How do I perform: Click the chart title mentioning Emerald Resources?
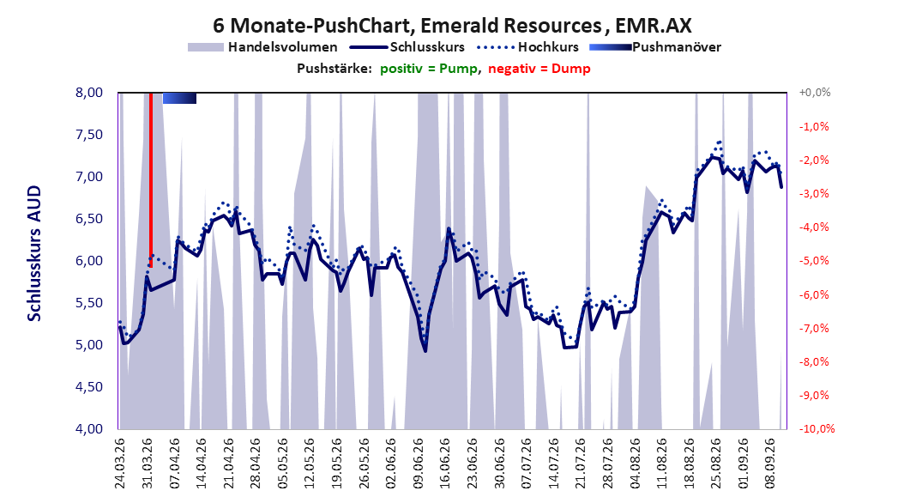tap(452, 26)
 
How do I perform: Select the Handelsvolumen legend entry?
tap(263, 47)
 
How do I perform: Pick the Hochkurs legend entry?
tap(528, 47)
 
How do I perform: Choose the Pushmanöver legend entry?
tap(655, 47)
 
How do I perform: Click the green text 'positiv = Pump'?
tap(428, 69)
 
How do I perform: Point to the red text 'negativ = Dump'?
tap(539, 69)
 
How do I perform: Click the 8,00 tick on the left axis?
tap(89, 93)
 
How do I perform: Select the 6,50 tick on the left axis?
tap(89, 219)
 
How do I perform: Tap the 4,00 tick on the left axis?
tap(89, 428)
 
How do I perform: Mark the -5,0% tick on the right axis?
tap(814, 261)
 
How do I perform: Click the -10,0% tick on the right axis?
tap(817, 428)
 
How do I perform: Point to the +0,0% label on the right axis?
tap(815, 93)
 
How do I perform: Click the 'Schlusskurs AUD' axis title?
tap(34, 253)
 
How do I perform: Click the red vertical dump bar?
tap(150, 179)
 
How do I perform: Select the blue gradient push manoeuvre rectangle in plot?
tap(179, 98)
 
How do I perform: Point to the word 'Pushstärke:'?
tap(334, 69)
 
